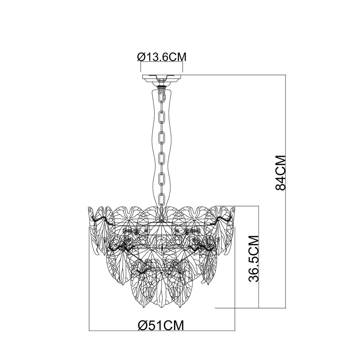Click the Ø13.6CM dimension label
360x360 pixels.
[x=161, y=57]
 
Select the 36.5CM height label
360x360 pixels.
[x=253, y=259]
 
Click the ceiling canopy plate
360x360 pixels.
[x=162, y=77]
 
